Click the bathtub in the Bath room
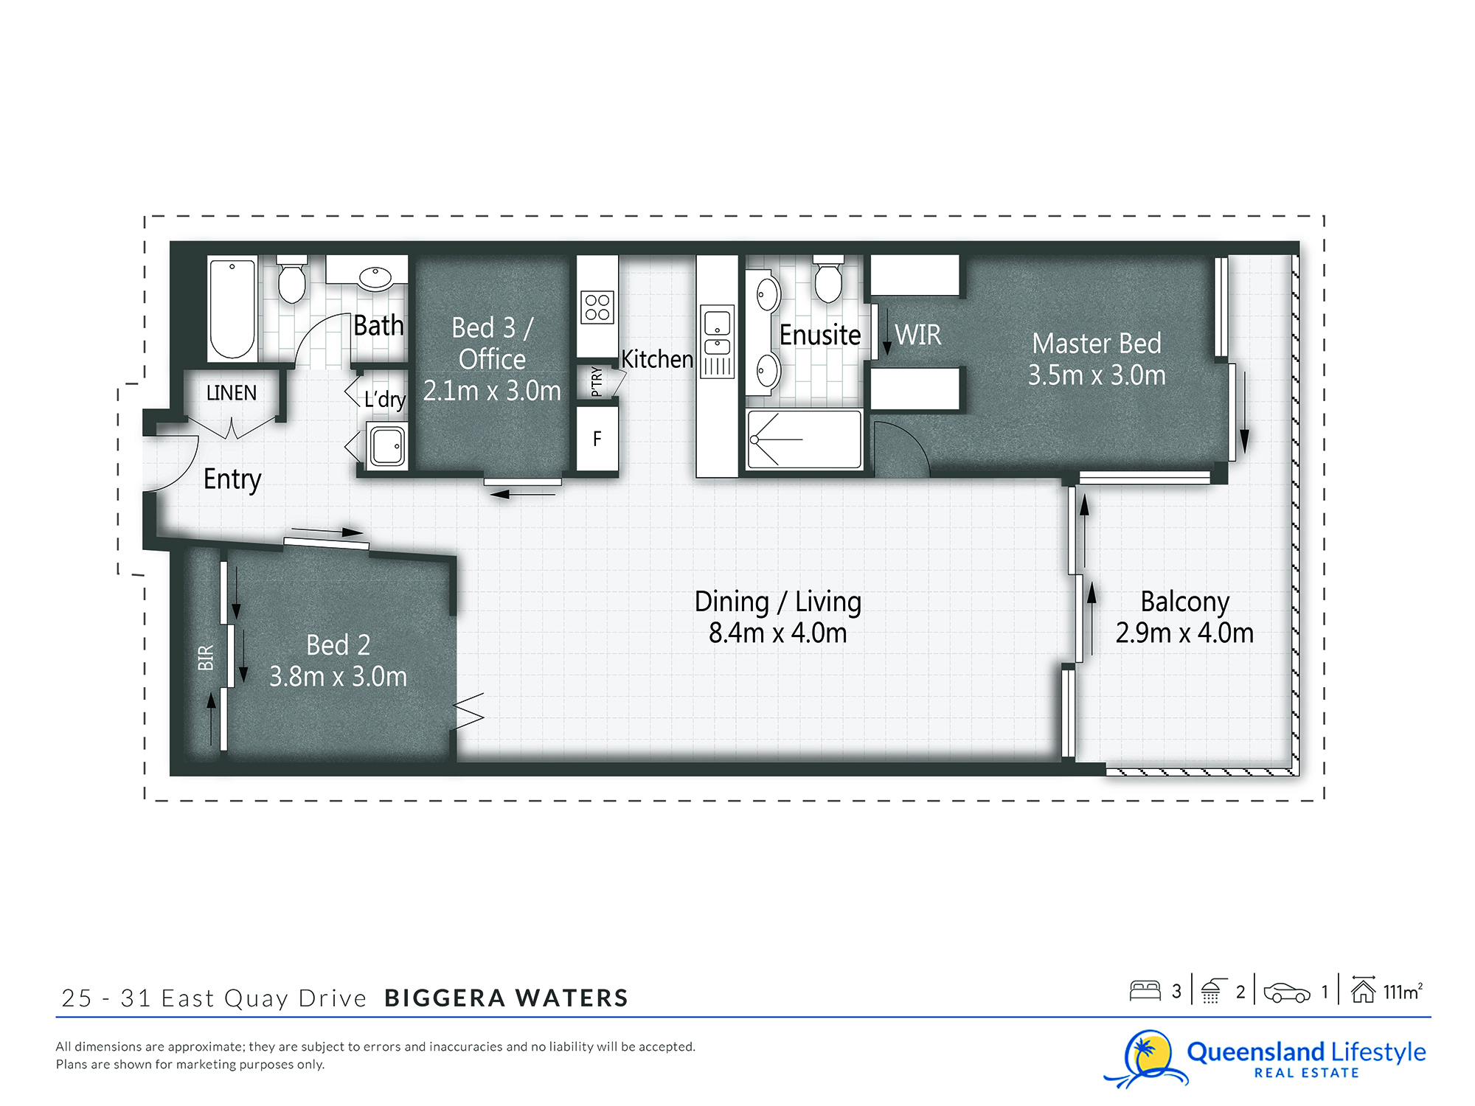(x=232, y=309)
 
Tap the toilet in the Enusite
(x=828, y=279)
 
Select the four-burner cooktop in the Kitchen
(x=597, y=307)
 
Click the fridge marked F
(x=597, y=439)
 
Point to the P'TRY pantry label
(x=597, y=382)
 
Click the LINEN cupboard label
(x=232, y=393)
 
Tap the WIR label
(x=918, y=335)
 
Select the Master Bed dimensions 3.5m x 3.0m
(x=1097, y=375)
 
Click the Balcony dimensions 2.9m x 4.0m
(x=1184, y=633)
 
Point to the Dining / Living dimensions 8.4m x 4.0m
(x=777, y=633)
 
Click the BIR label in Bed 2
(x=206, y=658)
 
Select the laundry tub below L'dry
(x=387, y=445)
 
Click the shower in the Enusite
(x=805, y=439)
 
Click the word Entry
(x=232, y=480)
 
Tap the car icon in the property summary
(x=1287, y=992)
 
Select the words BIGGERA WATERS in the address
(x=506, y=998)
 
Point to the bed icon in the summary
(x=1145, y=990)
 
